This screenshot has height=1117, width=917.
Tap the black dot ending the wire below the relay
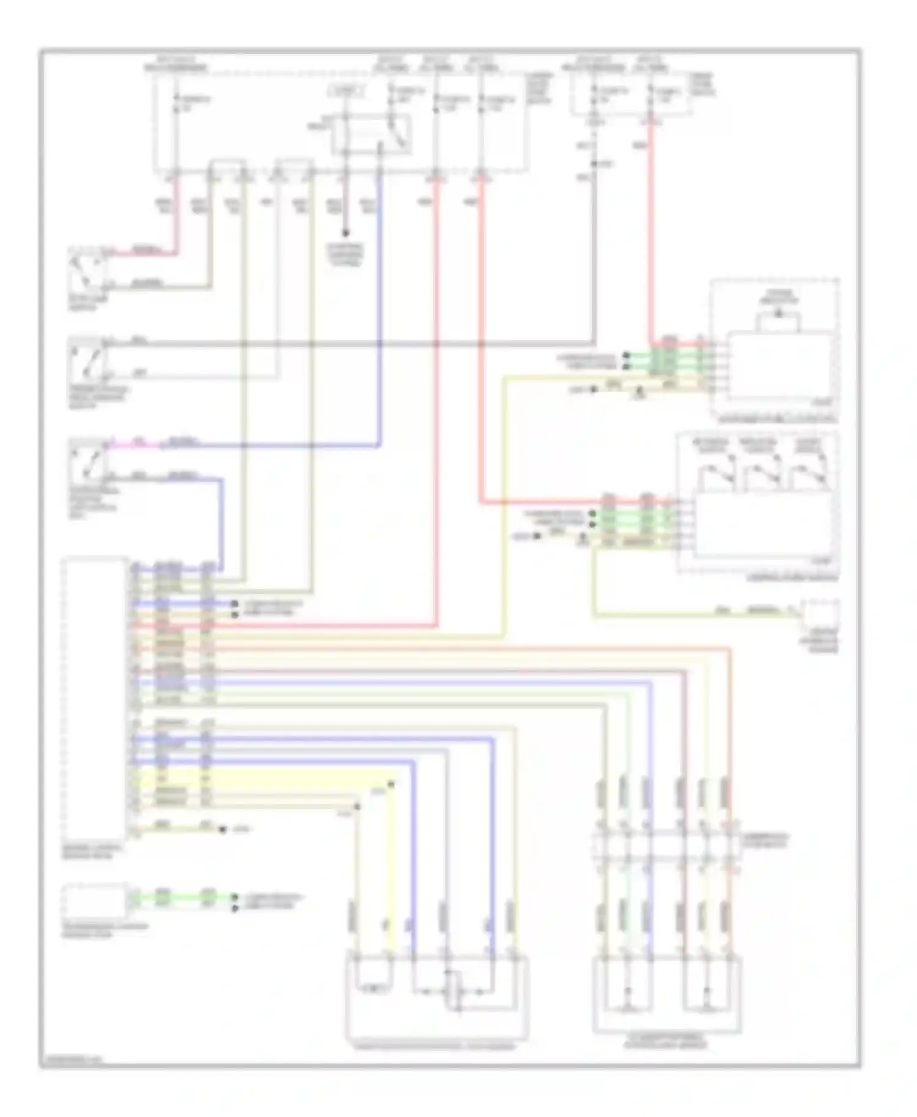coord(345,233)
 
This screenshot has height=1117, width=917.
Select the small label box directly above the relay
coord(346,92)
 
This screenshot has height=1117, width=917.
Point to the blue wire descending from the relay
coord(380,306)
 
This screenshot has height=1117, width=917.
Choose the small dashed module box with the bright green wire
coord(95,899)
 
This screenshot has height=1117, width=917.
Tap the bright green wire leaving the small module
coord(183,898)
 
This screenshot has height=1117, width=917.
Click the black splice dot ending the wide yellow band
coord(392,784)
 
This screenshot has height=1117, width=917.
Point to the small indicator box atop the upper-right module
coord(778,320)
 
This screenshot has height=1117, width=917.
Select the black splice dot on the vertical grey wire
coord(594,164)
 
